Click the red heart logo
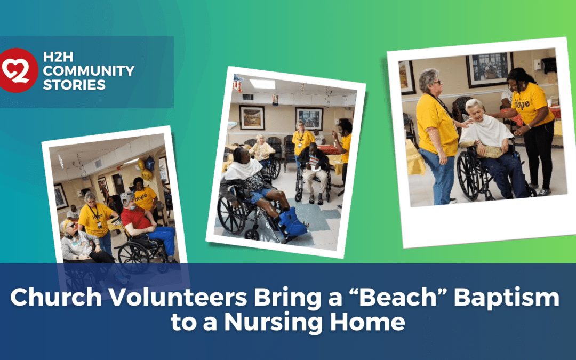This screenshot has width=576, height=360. click(x=19, y=70)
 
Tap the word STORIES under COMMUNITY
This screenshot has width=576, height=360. click(x=75, y=85)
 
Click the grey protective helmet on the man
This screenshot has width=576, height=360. click(x=127, y=198)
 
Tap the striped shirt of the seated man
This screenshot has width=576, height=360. click(x=314, y=162)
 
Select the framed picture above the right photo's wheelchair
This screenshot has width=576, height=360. click(x=488, y=69)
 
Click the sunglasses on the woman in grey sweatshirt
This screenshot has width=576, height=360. click(x=70, y=226)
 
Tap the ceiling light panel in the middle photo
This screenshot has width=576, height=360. click(x=262, y=84)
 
